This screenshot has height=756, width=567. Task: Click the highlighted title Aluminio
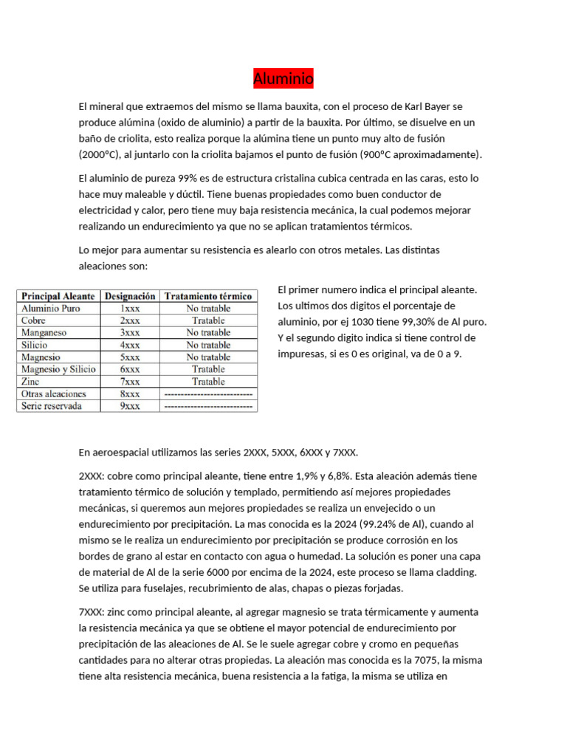coord(283,78)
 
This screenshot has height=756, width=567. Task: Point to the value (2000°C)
coord(99,155)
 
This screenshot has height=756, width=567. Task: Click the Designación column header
coord(130,296)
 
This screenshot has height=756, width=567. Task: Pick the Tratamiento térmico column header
coord(208,296)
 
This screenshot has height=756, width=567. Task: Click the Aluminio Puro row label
coord(51,309)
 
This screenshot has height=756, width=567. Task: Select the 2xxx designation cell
coord(130,321)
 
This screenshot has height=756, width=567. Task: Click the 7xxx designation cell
coord(130,382)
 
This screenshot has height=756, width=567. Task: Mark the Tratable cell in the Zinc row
coord(208,382)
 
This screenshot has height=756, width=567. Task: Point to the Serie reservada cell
coord(52,406)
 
